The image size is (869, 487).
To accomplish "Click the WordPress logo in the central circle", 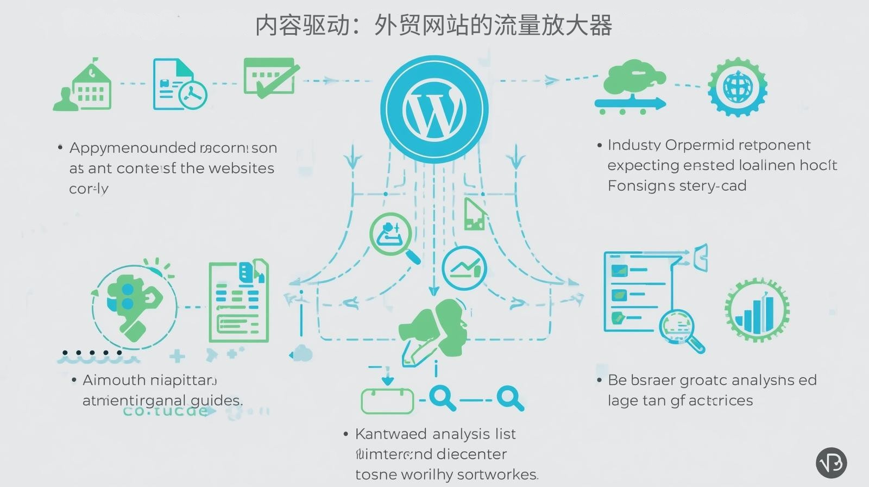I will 434,109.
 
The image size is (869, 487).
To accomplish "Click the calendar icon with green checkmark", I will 270,78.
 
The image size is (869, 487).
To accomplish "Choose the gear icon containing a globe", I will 738,87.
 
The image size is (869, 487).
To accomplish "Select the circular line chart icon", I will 464,268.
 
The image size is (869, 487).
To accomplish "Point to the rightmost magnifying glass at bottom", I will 509,398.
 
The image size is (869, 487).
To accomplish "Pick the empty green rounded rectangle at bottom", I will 387,402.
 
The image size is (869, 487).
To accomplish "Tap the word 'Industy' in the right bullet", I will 634,145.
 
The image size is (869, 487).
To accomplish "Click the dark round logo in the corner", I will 831,463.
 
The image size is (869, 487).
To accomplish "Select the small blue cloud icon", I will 302,354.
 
